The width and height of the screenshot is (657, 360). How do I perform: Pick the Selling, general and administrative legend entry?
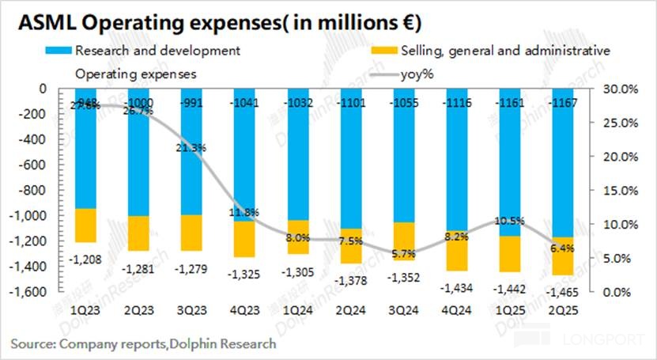tap(505, 51)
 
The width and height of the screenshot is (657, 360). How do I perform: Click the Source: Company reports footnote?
tap(143, 343)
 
